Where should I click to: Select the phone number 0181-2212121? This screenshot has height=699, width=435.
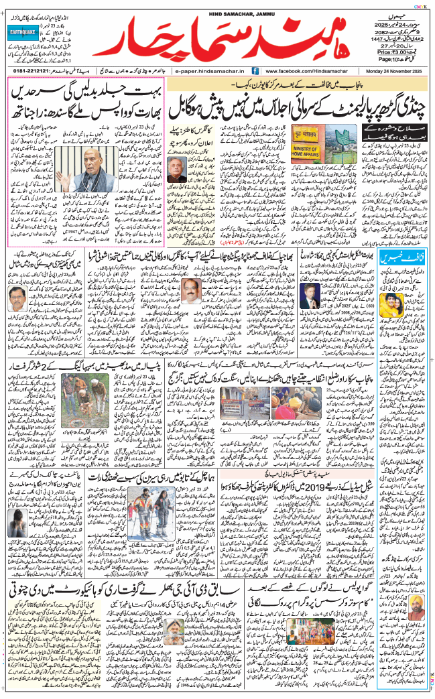30,70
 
